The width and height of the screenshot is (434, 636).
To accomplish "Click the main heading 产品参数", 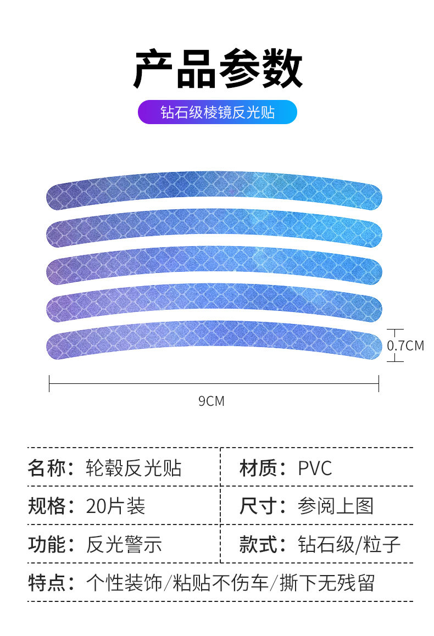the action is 218,70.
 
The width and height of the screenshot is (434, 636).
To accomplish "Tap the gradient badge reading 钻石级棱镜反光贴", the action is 217,112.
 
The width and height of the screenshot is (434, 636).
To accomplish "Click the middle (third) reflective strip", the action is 214,264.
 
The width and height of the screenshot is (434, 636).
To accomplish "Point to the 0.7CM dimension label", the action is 405,346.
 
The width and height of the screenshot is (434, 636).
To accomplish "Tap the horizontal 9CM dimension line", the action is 214,383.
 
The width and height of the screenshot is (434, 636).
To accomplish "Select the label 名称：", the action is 52,468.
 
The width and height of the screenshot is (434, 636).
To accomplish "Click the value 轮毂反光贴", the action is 133,468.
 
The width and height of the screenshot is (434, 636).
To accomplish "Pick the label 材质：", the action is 263,468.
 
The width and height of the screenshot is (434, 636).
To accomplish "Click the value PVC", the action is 315,468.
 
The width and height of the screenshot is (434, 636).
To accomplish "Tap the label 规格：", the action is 52,506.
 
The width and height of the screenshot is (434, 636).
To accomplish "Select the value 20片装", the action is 115,506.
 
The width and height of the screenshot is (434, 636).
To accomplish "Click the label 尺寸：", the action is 263,506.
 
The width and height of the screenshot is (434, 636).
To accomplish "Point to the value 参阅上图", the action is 335,506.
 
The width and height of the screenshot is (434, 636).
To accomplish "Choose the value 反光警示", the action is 124,544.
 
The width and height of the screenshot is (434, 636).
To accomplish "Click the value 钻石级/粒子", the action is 349,544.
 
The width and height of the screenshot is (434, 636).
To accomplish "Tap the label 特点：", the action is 52,583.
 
